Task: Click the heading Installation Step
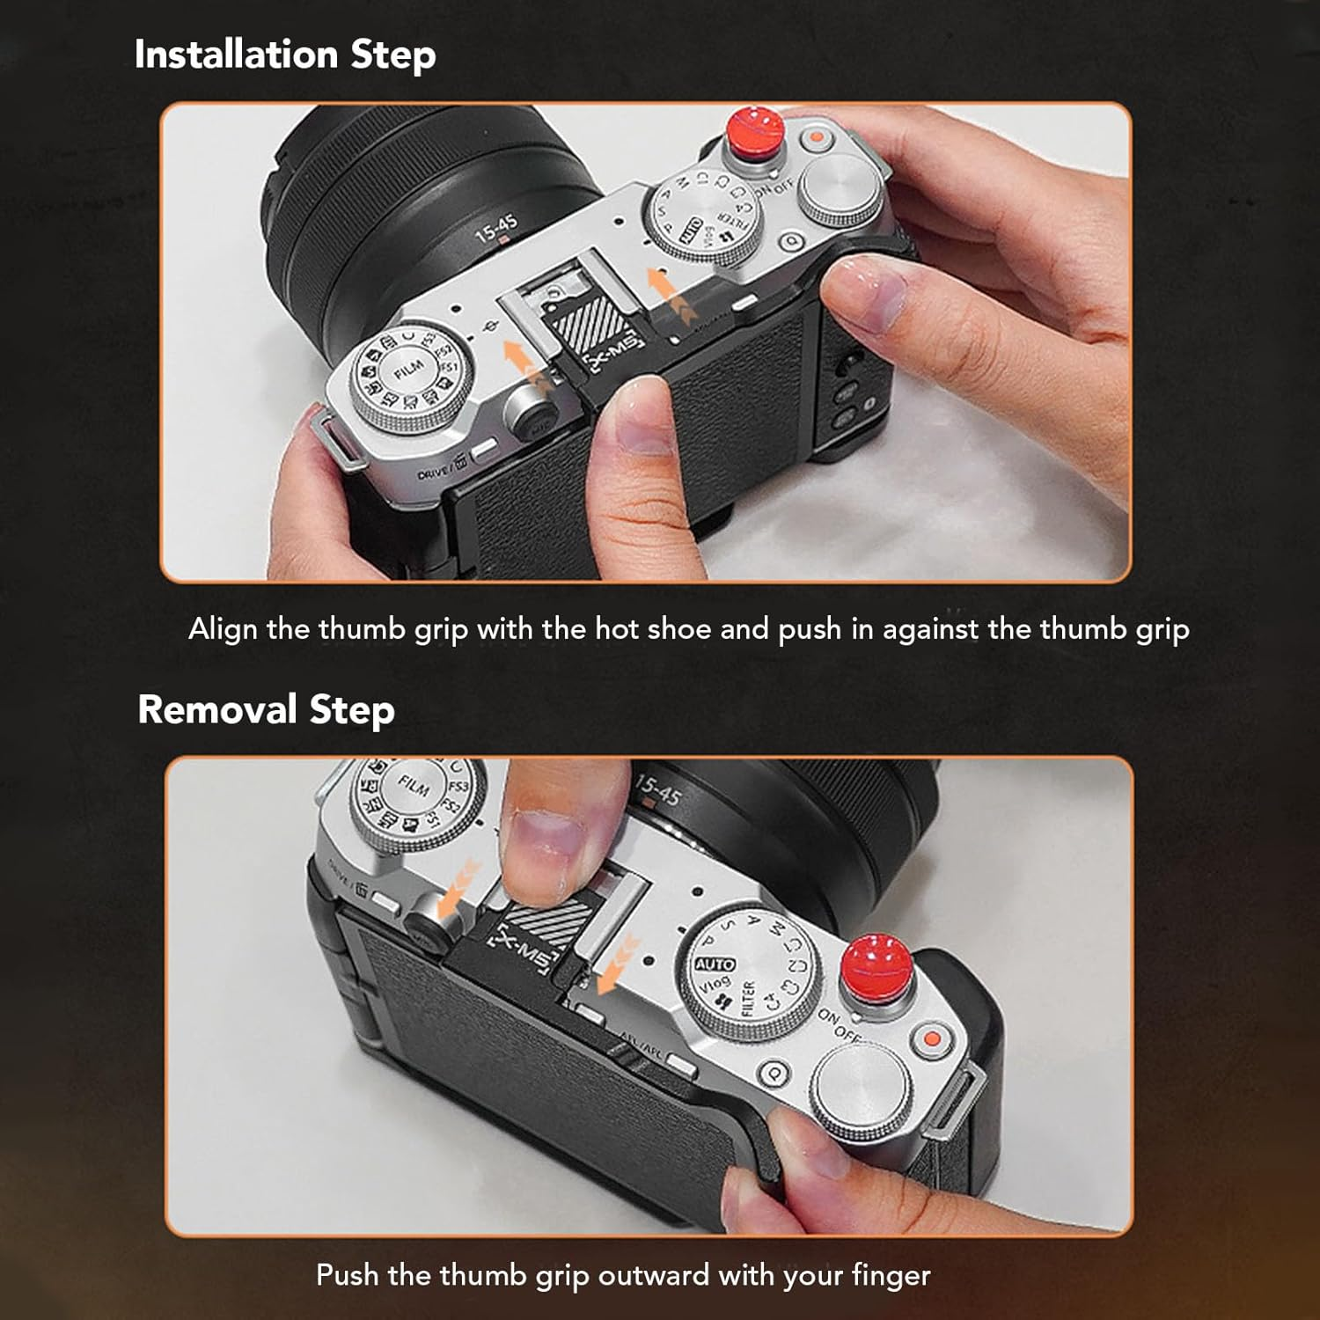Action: pos(284,55)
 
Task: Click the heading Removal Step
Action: pos(266,709)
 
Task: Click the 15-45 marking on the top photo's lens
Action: pos(495,230)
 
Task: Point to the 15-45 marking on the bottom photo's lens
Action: pos(657,789)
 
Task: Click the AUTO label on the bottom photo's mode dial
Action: pos(715,965)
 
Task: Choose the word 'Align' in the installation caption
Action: pos(223,630)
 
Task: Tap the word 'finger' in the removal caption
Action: pos(890,1275)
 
